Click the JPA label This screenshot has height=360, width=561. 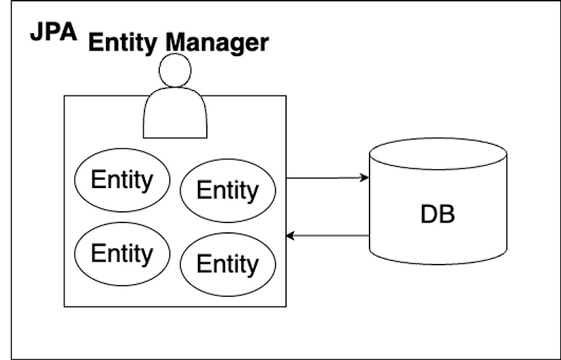pyautogui.click(x=53, y=33)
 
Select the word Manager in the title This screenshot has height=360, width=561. pyautogui.click(x=217, y=43)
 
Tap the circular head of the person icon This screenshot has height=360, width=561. pyautogui.click(x=175, y=71)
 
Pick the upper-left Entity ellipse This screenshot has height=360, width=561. pyautogui.click(x=122, y=180)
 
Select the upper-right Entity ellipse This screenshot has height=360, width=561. pyautogui.click(x=228, y=190)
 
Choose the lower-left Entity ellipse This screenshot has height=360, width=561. pyautogui.click(x=122, y=253)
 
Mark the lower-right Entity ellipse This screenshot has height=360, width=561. pyautogui.click(x=228, y=264)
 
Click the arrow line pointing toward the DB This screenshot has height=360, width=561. pyautogui.click(x=326, y=178)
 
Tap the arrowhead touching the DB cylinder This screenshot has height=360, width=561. pyautogui.click(x=365, y=178)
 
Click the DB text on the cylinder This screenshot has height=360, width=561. pyautogui.click(x=438, y=214)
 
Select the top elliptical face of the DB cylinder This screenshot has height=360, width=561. pyautogui.click(x=438, y=154)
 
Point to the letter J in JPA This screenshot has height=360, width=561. pyautogui.click(x=36, y=33)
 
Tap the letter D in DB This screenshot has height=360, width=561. pyautogui.click(x=428, y=214)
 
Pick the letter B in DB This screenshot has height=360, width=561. pyautogui.click(x=447, y=214)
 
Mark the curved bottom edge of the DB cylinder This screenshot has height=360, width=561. pyautogui.click(x=438, y=264)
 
